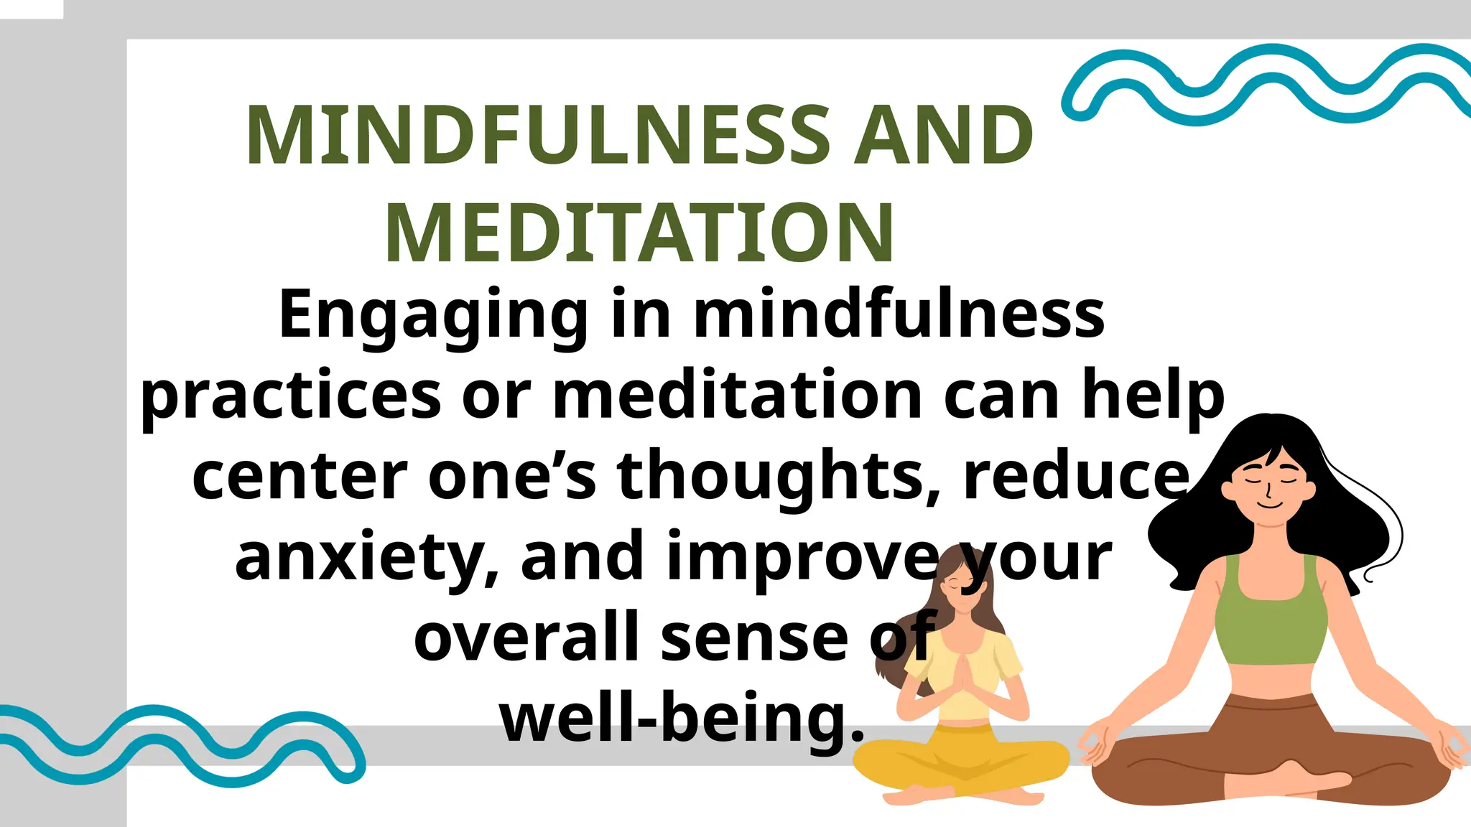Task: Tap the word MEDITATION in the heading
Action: [639, 233]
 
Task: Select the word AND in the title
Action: [942, 135]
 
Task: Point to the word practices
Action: [291, 397]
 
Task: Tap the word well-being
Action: [681, 719]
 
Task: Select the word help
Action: [1153, 397]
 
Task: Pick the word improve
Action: [803, 558]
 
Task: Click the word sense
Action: [754, 638]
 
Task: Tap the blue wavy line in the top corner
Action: [1264, 83]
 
